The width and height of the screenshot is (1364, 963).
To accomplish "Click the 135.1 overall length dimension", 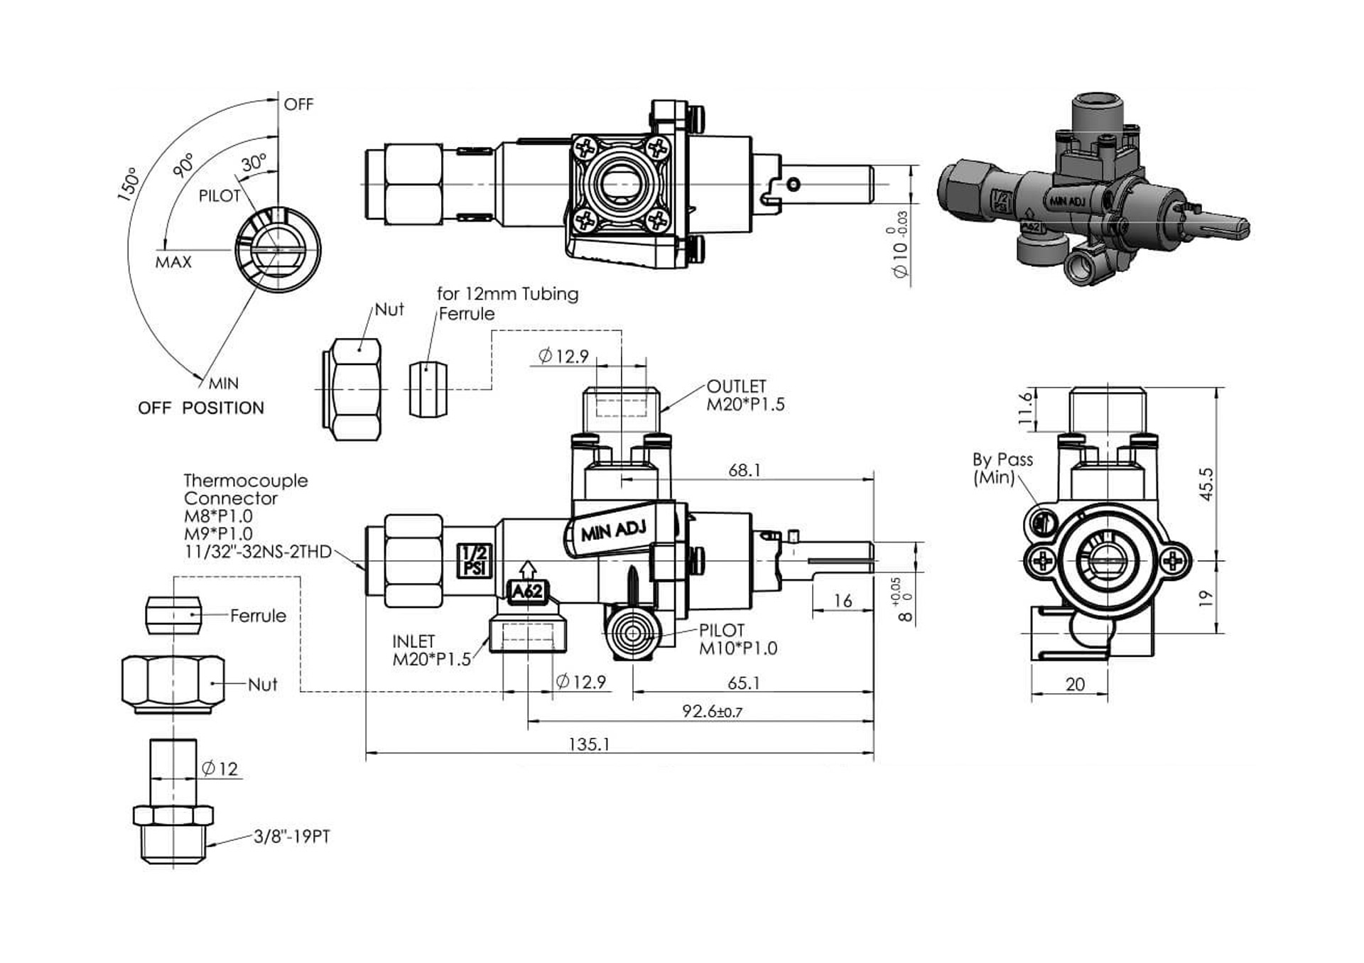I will [x=589, y=744].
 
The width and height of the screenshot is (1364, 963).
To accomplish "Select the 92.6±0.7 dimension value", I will [x=711, y=711].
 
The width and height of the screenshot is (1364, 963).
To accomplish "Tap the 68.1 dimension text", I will [x=744, y=470].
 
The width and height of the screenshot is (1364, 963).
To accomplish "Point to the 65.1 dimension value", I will [x=743, y=683].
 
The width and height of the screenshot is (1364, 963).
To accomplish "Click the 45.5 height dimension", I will [x=1206, y=484].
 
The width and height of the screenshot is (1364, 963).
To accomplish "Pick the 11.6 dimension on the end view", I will [x=1025, y=408].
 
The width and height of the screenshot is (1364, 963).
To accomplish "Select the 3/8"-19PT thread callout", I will [x=292, y=837].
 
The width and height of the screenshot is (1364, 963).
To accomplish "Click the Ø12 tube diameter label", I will [x=220, y=768].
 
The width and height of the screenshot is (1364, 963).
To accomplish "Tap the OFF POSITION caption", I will [x=201, y=408].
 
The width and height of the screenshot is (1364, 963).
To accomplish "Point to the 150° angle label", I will [x=129, y=185].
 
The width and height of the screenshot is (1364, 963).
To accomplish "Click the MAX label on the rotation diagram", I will [x=173, y=262].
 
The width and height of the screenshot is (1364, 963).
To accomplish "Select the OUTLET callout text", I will [x=737, y=386].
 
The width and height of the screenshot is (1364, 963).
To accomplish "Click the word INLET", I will [x=413, y=641].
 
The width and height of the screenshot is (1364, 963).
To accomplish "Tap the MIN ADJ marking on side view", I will [x=613, y=530].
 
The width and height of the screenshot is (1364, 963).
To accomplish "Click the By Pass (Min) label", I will [x=1002, y=468].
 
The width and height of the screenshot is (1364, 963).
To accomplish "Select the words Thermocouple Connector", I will [x=245, y=489].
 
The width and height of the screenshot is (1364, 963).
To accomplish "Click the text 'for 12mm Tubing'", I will [x=507, y=294].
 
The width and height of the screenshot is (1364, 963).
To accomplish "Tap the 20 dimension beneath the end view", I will [x=1075, y=684].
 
